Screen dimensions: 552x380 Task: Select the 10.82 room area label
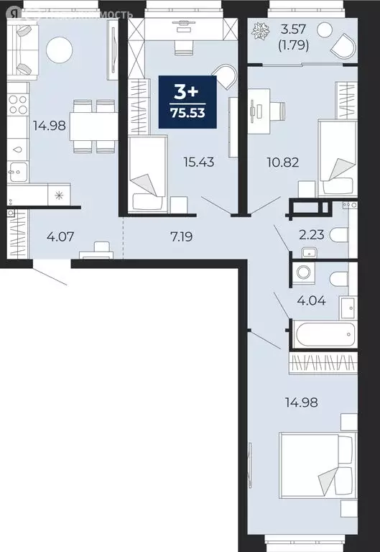click(277, 163)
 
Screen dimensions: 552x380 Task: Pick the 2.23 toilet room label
click(312, 233)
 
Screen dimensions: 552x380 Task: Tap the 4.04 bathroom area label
click(312, 301)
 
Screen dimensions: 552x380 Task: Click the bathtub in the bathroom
click(323, 333)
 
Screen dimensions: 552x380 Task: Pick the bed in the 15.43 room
click(149, 173)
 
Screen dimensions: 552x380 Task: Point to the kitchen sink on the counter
click(17, 171)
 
